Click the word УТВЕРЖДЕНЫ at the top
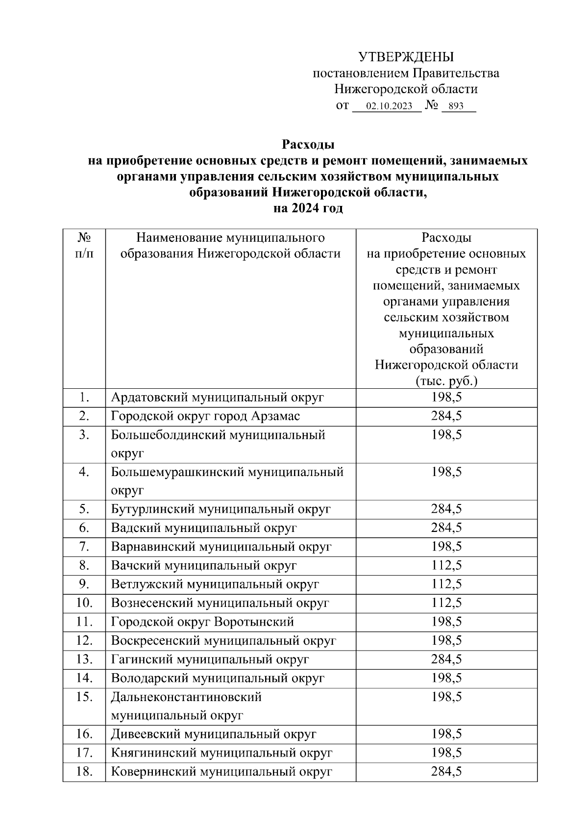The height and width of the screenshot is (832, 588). (x=406, y=57)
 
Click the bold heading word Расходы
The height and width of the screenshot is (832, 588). (x=308, y=145)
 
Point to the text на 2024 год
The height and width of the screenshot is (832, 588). (x=308, y=208)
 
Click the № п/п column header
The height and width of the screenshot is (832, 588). (x=84, y=246)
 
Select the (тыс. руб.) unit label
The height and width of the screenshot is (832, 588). (x=446, y=381)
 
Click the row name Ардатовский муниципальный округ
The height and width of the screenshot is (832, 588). (x=218, y=397)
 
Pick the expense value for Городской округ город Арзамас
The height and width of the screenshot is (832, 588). (x=446, y=416)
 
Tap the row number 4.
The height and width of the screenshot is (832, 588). (x=84, y=472)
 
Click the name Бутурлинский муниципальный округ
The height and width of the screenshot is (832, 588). (x=221, y=509)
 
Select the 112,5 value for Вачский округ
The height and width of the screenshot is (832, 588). (x=446, y=565)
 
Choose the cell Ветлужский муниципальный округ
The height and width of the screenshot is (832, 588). (x=215, y=584)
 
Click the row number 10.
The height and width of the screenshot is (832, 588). (x=84, y=603)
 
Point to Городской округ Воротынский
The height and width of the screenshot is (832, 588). (x=202, y=622)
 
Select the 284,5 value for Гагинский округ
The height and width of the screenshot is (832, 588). (x=446, y=659)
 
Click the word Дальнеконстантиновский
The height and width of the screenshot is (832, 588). (x=186, y=697)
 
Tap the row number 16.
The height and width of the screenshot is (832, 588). (x=84, y=734)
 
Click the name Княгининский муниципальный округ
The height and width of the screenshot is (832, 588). (x=221, y=753)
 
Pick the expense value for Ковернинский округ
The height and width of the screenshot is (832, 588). (x=446, y=772)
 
